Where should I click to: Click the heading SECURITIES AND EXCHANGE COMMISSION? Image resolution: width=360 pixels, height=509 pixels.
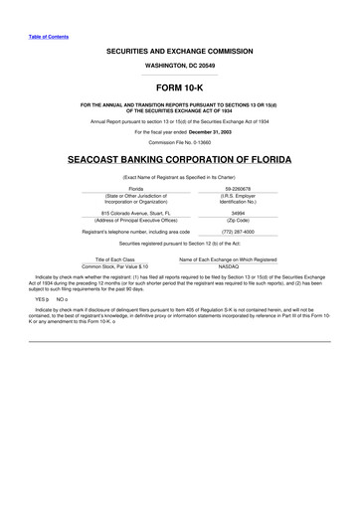tap(180, 51)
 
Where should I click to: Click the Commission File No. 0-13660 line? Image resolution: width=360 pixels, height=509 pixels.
tap(180, 142)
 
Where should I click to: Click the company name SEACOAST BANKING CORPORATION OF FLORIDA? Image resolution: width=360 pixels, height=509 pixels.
tap(180, 160)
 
